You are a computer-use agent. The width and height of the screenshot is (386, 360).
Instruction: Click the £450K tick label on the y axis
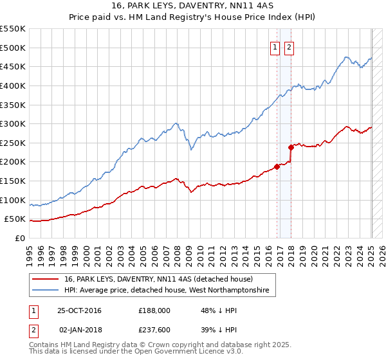[x=13, y=67]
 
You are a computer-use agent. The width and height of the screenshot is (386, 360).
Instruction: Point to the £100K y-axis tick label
[x=13, y=200]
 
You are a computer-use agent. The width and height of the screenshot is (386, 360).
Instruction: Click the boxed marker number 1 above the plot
[x=275, y=47]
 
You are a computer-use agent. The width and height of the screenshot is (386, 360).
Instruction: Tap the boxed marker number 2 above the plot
[x=289, y=47]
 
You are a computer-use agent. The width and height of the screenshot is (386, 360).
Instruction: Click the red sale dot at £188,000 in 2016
[x=277, y=166]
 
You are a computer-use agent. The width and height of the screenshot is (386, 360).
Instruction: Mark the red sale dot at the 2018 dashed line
[x=291, y=147]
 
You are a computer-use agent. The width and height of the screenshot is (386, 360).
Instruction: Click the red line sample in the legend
[x=46, y=279]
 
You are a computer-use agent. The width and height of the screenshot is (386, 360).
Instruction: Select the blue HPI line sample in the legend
[x=46, y=291]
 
